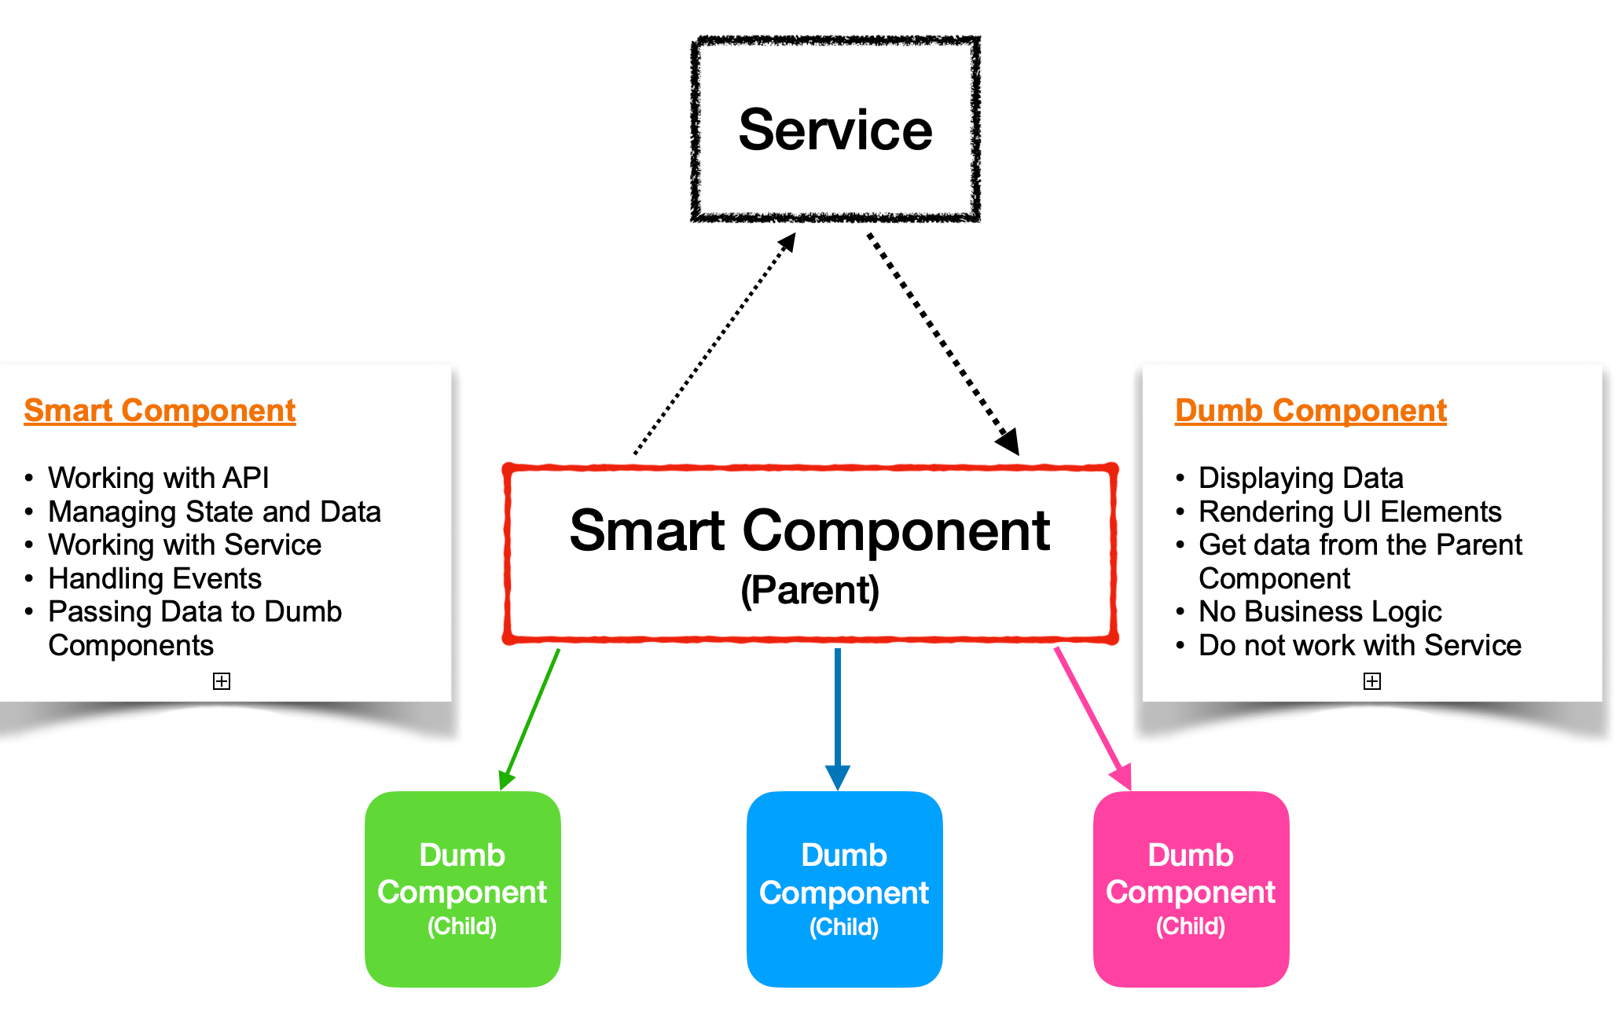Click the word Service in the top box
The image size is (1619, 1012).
(x=835, y=130)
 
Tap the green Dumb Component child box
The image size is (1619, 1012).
(x=462, y=889)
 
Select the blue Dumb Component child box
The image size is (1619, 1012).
(x=844, y=889)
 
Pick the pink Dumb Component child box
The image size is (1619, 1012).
(x=1191, y=889)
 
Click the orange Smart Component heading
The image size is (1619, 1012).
(x=160, y=411)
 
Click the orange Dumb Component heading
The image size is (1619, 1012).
(x=1310, y=411)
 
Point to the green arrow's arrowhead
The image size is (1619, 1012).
(x=506, y=779)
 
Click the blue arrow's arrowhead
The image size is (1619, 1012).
(x=838, y=777)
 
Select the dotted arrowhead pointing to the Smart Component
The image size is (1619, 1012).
(x=1009, y=442)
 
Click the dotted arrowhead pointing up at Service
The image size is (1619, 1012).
(x=787, y=242)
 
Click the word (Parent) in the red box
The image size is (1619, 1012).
(x=809, y=590)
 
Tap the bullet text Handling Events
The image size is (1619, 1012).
(x=154, y=579)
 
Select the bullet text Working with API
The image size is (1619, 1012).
(x=158, y=478)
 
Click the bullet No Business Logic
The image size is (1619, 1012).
(x=1320, y=612)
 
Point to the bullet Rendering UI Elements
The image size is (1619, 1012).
(x=1349, y=512)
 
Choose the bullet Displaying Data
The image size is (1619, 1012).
(x=1300, y=478)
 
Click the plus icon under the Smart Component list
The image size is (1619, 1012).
(x=222, y=681)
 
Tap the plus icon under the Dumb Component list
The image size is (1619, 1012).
(x=1371, y=681)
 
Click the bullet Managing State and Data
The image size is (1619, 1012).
(x=214, y=512)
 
